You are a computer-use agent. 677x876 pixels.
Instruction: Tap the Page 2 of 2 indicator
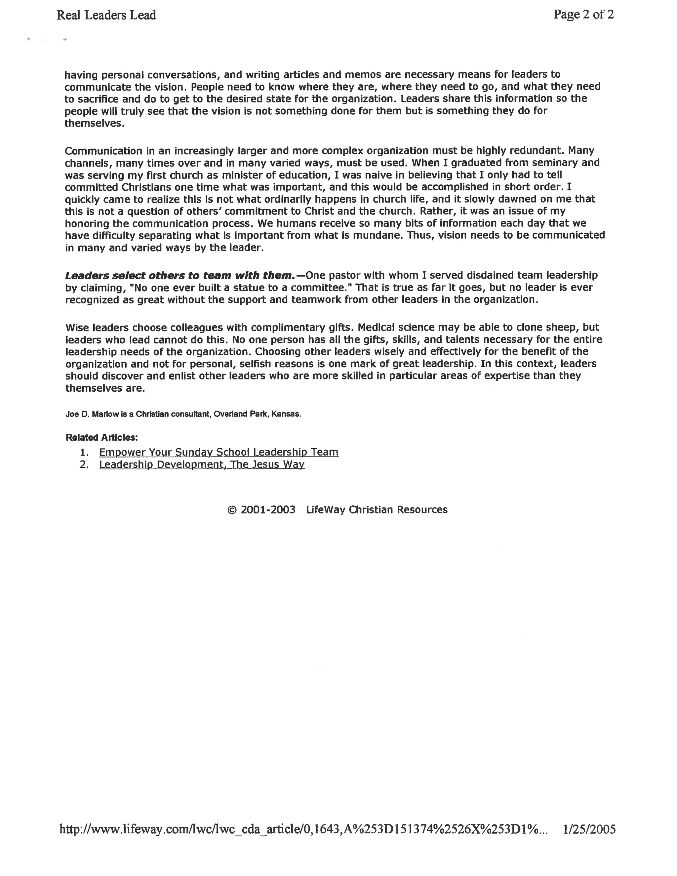pyautogui.click(x=583, y=15)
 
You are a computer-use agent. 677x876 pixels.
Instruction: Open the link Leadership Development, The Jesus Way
pyautogui.click(x=202, y=464)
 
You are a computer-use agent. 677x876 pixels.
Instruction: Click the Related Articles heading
pyautogui.click(x=101, y=437)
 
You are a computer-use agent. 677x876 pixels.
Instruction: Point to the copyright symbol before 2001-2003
pyautogui.click(x=231, y=510)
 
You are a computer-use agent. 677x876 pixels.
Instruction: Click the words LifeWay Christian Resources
pyautogui.click(x=377, y=510)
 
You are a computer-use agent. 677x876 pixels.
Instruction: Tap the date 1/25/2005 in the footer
pyautogui.click(x=589, y=829)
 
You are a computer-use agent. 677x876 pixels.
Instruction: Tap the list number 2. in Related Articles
pyautogui.click(x=84, y=464)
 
